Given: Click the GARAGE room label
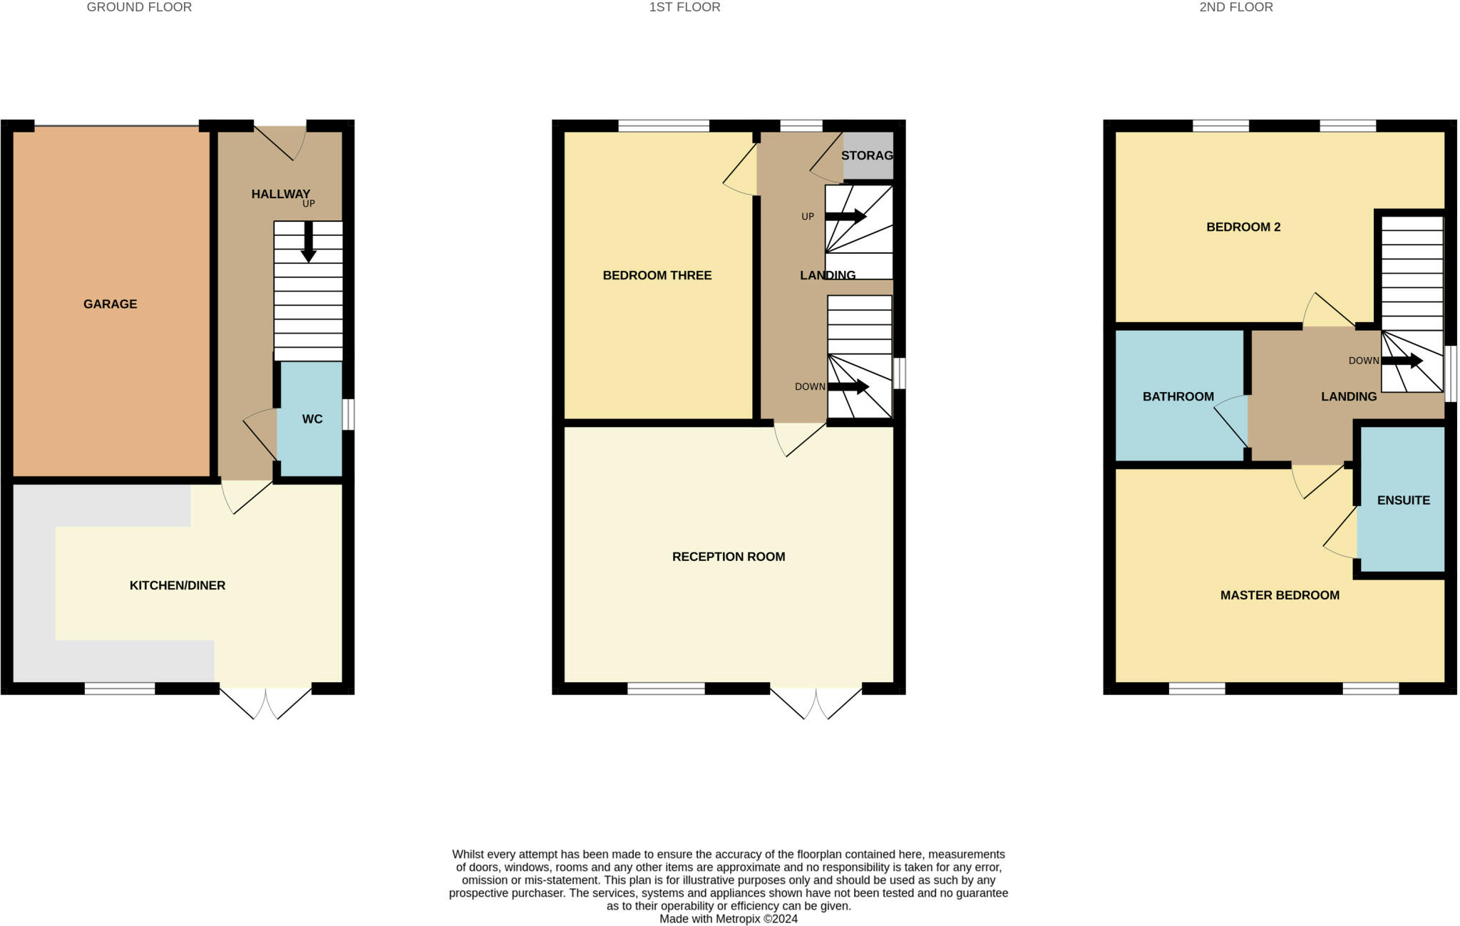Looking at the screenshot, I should pyautogui.click(x=110, y=304).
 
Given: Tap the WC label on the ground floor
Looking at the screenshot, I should pyautogui.click(x=312, y=419).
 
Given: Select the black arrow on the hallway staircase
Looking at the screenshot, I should pyautogui.click(x=308, y=242).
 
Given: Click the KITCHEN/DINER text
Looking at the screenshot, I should pyautogui.click(x=178, y=585).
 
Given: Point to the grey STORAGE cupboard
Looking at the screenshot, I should pyautogui.click(x=868, y=155).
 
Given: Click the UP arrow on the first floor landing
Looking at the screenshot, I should pyautogui.click(x=845, y=216).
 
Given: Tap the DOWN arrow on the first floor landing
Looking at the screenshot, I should pyautogui.click(x=848, y=386).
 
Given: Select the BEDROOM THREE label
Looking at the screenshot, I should pyautogui.click(x=657, y=275).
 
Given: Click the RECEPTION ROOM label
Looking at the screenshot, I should pyautogui.click(x=729, y=557).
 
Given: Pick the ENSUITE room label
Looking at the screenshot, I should pyautogui.click(x=1403, y=500).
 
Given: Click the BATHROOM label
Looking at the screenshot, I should pyautogui.click(x=1178, y=396).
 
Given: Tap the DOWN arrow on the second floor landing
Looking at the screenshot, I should pyautogui.click(x=1402, y=361).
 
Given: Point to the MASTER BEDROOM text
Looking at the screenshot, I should pyautogui.click(x=1280, y=595).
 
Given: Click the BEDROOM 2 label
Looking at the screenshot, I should pyautogui.click(x=1243, y=227).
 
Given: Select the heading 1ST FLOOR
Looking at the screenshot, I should pyautogui.click(x=684, y=7).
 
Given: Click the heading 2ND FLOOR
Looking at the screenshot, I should pyautogui.click(x=1235, y=7).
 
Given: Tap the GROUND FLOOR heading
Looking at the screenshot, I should pyautogui.click(x=139, y=7).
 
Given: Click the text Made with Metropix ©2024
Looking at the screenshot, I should pyautogui.click(x=728, y=919).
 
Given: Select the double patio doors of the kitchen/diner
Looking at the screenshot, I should pyautogui.click(x=265, y=701).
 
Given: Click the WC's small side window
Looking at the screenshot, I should pyautogui.click(x=348, y=414).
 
